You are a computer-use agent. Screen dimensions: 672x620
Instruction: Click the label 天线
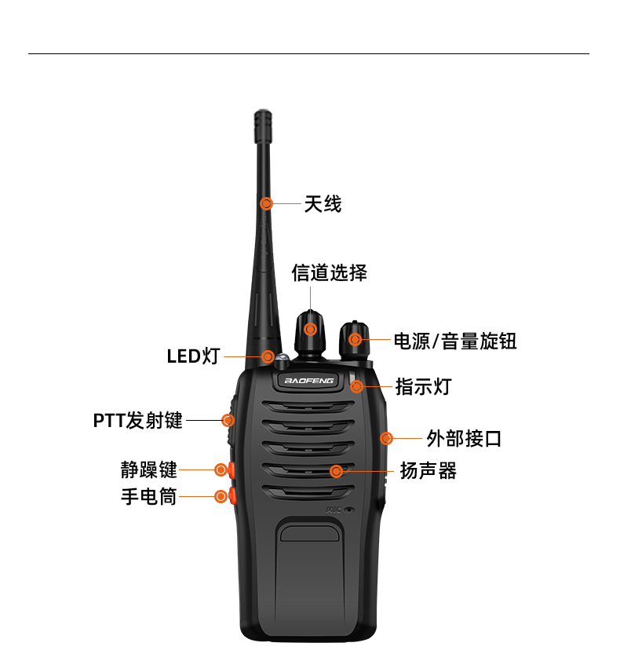(x=323, y=204)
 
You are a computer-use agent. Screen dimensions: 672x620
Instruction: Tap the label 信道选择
(x=330, y=272)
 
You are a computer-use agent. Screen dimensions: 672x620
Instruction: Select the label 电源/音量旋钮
(x=455, y=341)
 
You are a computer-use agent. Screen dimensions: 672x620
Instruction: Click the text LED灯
(x=193, y=356)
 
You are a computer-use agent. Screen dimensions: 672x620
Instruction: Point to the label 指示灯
(x=423, y=386)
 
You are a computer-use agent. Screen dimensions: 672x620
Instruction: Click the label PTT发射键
(x=138, y=420)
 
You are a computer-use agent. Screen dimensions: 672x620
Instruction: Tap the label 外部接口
(x=464, y=438)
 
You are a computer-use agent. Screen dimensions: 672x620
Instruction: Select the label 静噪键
(x=149, y=469)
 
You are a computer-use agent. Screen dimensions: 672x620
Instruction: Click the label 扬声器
(x=428, y=470)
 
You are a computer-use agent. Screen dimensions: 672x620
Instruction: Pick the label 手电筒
(x=149, y=496)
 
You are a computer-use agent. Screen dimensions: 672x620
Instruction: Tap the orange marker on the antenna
(x=267, y=203)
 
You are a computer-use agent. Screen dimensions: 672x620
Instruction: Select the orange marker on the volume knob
(x=356, y=339)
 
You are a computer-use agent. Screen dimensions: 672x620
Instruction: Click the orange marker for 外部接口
(x=386, y=438)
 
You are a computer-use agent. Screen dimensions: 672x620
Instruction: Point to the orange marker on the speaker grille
(x=336, y=471)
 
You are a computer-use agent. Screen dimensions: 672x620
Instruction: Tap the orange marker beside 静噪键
(x=221, y=469)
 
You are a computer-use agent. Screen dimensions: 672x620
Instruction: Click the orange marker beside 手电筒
(x=221, y=495)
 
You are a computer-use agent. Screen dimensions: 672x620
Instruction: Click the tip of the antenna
(x=262, y=116)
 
